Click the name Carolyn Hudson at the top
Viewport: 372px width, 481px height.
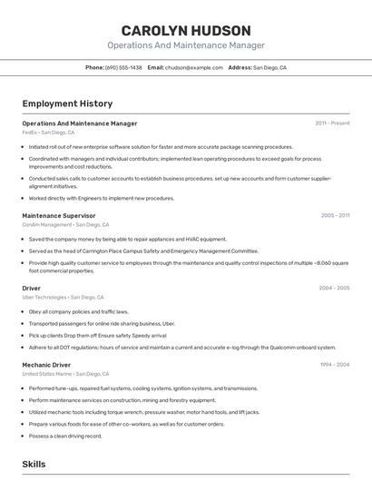pyautogui.click(x=186, y=30)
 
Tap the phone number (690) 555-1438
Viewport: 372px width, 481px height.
pyautogui.click(x=123, y=67)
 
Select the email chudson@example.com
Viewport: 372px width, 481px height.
pyautogui.click(x=193, y=67)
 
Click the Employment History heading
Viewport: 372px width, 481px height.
pyautogui.click(x=67, y=103)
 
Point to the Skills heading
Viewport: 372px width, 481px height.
pyautogui.click(x=34, y=464)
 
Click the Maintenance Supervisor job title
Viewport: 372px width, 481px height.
pyautogui.click(x=59, y=215)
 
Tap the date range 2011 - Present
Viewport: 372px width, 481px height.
pyautogui.click(x=332, y=123)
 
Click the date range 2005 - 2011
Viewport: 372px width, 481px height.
pyautogui.click(x=335, y=215)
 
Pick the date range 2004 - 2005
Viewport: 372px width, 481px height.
pyautogui.click(x=334, y=288)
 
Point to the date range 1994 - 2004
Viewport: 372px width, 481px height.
pyautogui.click(x=334, y=364)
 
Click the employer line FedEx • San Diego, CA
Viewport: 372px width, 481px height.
pyautogui.click(x=48, y=132)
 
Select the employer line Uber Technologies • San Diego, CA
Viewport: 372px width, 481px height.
pyautogui.click(x=63, y=297)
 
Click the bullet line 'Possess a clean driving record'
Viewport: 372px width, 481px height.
pyautogui.click(x=65, y=436)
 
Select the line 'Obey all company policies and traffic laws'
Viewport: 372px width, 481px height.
pyautogui.click(x=79, y=311)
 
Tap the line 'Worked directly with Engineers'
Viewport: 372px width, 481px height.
pyautogui.click(x=102, y=198)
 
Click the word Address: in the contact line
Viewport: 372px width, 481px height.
pyautogui.click(x=240, y=67)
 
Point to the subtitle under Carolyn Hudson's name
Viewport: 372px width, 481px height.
pyautogui.click(x=186, y=45)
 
